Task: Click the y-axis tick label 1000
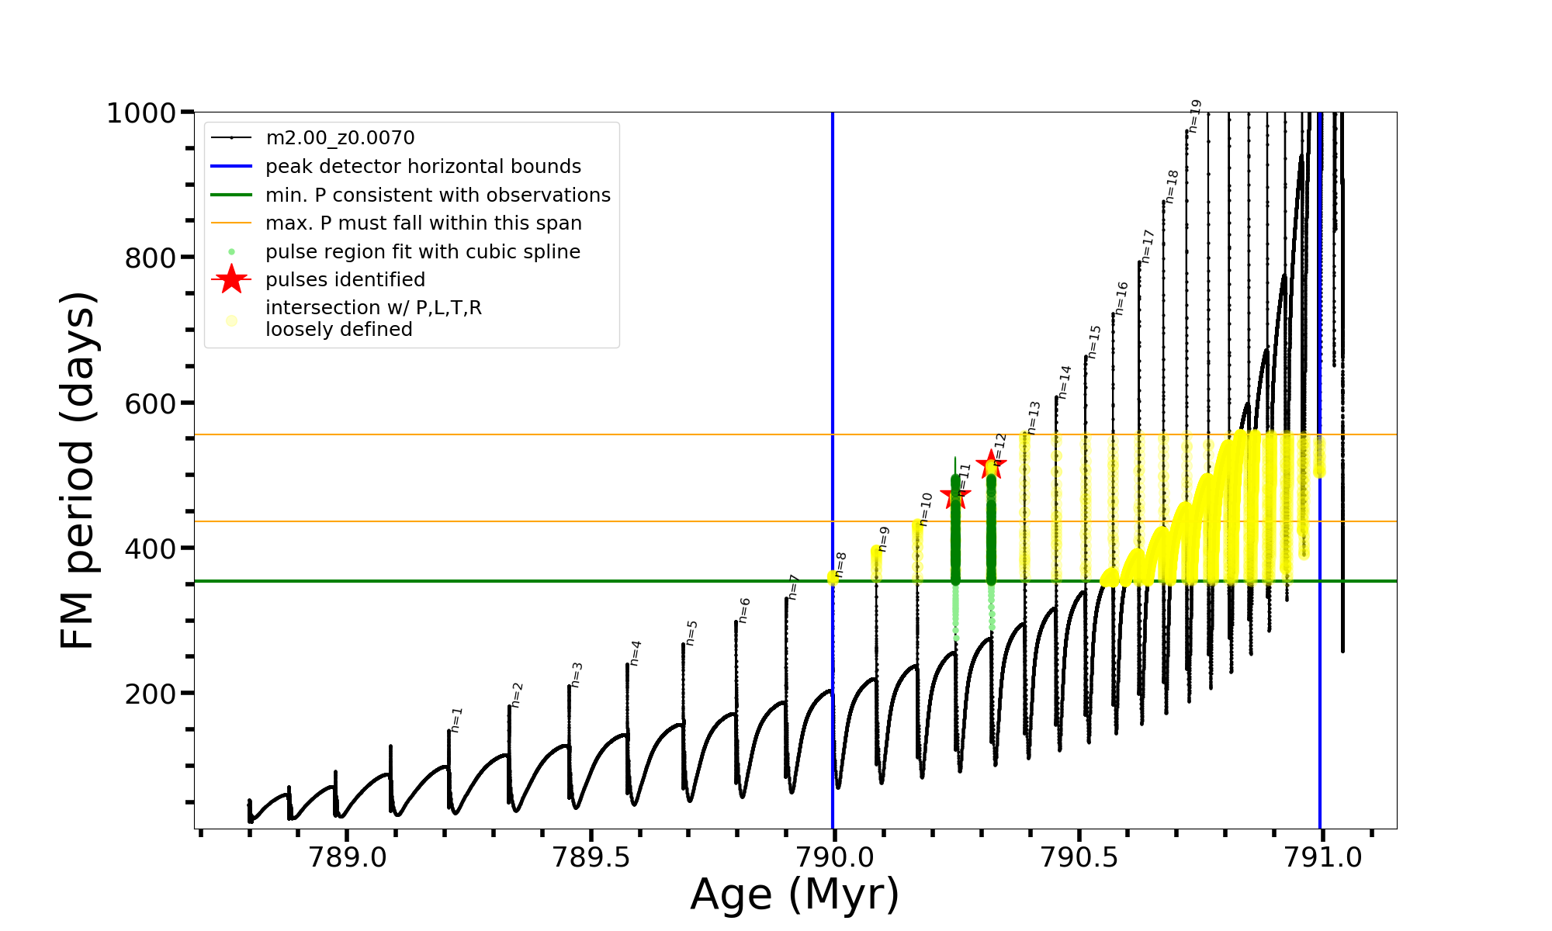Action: tap(141, 113)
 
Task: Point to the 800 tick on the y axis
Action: tap(151, 258)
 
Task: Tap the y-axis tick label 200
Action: tap(151, 694)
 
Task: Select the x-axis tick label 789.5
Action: tap(591, 858)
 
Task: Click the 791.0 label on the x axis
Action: tap(1323, 858)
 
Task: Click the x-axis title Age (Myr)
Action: tap(795, 895)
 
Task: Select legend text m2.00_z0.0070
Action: tap(340, 138)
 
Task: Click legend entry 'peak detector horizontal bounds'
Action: tap(423, 167)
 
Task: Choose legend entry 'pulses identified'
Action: tap(345, 280)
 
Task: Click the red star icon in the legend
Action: tap(231, 280)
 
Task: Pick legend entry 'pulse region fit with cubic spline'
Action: tap(423, 252)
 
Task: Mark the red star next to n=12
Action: tap(991, 465)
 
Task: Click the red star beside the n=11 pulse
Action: tap(955, 496)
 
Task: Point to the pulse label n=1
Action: tap(456, 719)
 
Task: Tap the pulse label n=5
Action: tap(691, 632)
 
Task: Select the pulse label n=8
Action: tap(840, 564)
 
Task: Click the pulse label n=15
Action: tap(1094, 341)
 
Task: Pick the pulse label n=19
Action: tap(1195, 116)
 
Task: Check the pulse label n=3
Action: tap(577, 674)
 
